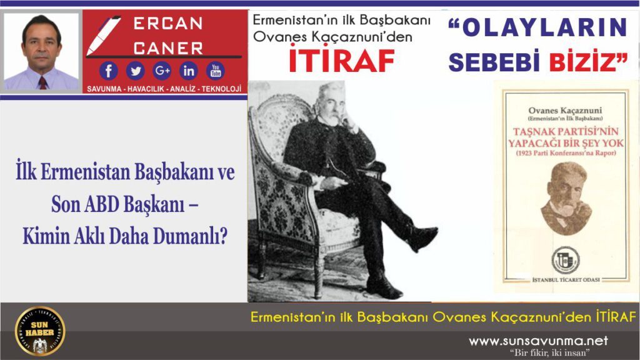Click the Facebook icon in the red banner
pos(108,70)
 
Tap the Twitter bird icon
pos(135,70)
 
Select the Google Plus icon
pos(162,70)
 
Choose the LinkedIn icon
pos(189,70)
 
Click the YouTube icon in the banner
pos(216,70)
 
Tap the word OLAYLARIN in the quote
pos(539,27)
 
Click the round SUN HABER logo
pos(40,331)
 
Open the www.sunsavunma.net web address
pos(538,341)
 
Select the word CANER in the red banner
pos(168,47)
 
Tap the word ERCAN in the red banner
pos(168,24)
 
